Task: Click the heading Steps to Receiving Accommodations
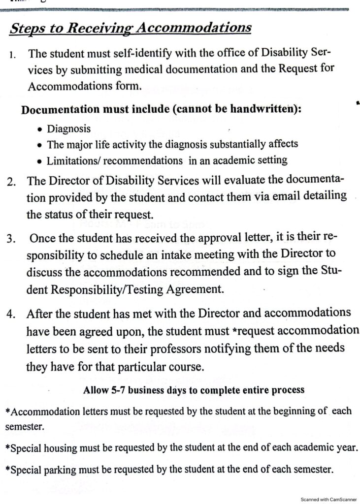click(x=131, y=28)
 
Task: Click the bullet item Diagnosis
click(x=68, y=129)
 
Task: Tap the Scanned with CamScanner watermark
click(x=328, y=499)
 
